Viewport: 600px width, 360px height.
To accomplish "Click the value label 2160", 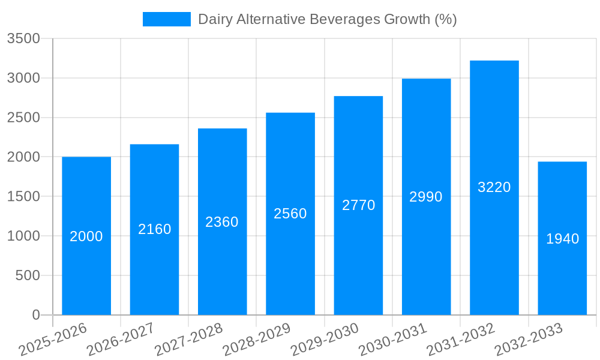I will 155,229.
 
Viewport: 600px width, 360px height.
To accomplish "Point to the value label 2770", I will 359,205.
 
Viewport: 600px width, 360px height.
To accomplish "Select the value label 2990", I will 426,197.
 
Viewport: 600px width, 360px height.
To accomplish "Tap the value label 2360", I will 222,222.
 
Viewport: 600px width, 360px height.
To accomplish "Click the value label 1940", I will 563,239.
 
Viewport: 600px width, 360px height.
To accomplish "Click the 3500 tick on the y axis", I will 23,39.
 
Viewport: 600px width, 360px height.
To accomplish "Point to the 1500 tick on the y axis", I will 23,197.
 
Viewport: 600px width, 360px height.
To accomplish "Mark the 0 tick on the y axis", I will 35,315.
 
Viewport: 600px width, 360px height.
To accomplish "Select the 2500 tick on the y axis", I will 23,118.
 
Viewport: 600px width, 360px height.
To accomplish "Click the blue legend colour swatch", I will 166,19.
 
